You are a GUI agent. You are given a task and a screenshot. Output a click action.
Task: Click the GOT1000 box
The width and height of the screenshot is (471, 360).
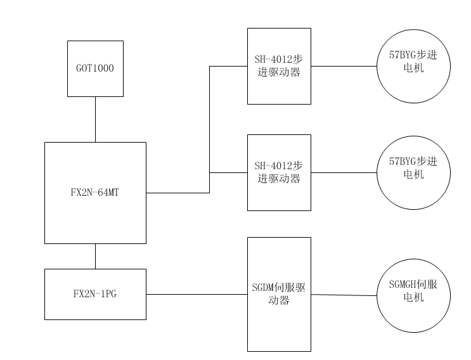point(95,68)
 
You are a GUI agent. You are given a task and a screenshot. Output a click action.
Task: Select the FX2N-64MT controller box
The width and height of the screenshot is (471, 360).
point(95,193)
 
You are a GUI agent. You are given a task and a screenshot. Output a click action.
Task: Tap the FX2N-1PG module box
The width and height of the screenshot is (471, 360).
point(95,294)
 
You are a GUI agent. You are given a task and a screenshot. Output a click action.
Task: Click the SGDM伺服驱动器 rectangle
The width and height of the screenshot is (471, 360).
point(279,294)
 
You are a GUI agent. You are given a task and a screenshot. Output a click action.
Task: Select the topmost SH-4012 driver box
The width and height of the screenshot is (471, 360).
point(279,66)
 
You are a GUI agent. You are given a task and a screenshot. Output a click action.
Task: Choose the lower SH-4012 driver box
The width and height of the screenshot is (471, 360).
point(279,172)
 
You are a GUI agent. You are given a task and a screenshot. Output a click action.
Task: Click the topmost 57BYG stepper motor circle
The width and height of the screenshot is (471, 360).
point(413,66)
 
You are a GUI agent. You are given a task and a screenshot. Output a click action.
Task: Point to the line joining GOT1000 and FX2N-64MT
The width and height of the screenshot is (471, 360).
point(95,119)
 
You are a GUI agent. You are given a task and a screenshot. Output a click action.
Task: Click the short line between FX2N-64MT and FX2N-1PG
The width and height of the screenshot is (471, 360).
point(95,256)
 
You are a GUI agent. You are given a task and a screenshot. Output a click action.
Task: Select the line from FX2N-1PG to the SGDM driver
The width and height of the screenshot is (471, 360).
point(197,294)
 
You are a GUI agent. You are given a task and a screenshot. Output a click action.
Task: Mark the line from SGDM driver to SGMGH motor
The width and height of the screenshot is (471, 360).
point(344,295)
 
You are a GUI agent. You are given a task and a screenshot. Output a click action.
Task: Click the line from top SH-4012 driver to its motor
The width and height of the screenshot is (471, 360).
point(344,66)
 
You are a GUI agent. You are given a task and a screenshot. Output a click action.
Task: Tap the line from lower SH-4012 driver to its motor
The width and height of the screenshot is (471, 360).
point(344,172)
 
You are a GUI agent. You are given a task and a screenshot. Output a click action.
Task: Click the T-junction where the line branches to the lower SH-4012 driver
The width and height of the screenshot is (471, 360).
point(210,172)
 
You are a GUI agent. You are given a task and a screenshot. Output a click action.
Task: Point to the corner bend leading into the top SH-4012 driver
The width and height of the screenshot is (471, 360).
point(210,66)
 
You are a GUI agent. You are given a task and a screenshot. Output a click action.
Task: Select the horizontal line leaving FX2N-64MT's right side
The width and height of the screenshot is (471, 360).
point(177,193)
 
